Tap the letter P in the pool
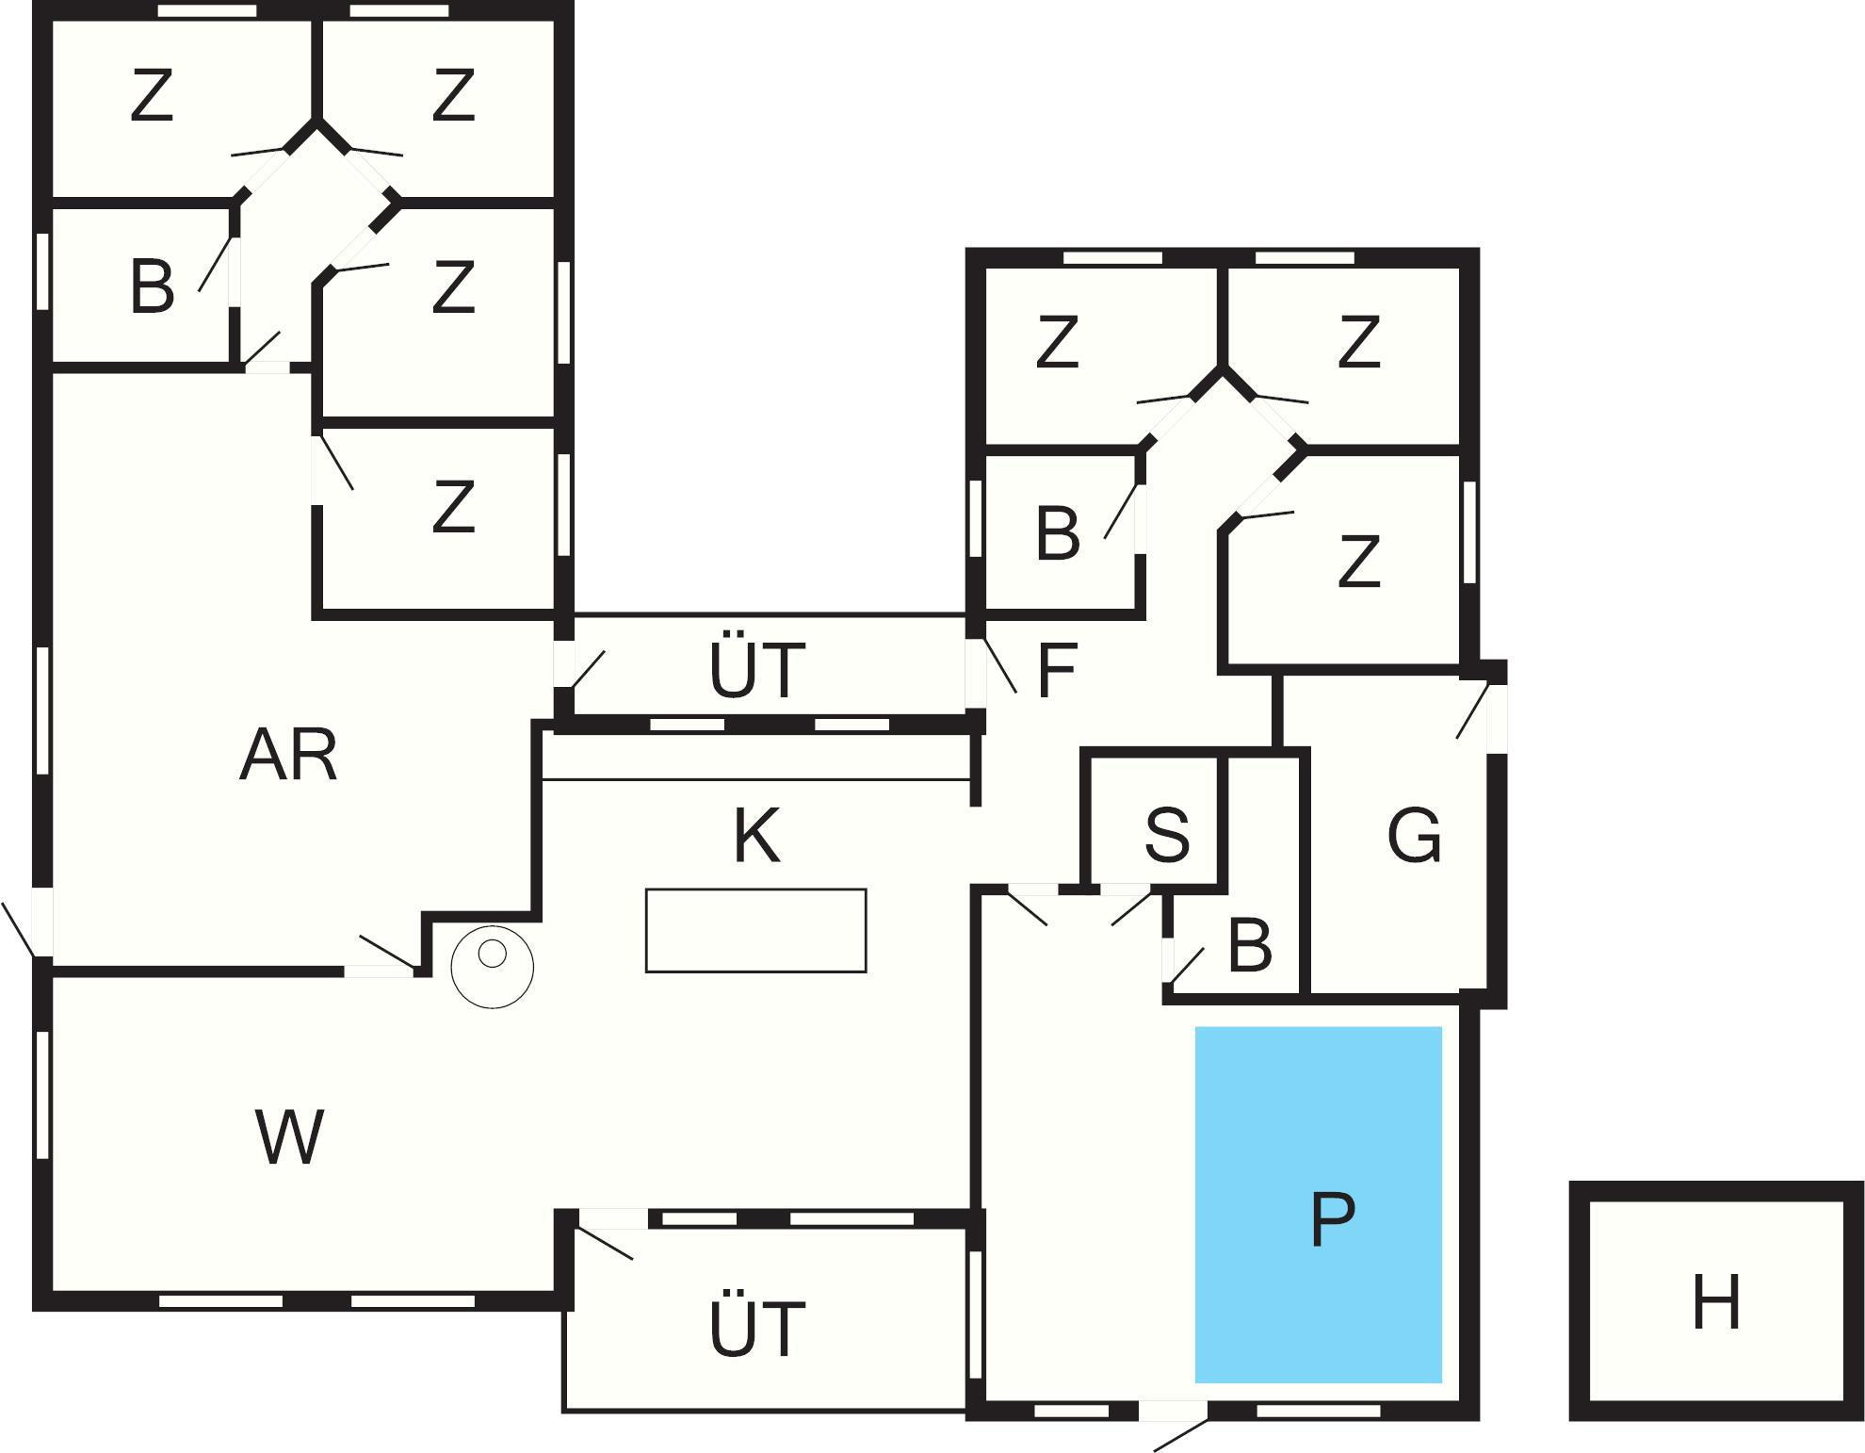click(1332, 1219)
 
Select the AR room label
click(288, 756)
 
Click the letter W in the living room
click(289, 1137)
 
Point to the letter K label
click(756, 836)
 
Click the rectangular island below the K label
click(755, 930)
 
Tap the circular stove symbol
click(493, 966)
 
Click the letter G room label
click(1414, 836)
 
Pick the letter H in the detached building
click(1715, 1302)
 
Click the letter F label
click(1056, 671)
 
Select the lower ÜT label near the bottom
click(757, 1328)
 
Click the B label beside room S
click(1250, 945)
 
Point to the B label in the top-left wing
click(152, 286)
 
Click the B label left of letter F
click(1057, 533)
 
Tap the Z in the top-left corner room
click(152, 96)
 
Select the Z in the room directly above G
click(1358, 562)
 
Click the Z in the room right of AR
click(453, 507)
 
